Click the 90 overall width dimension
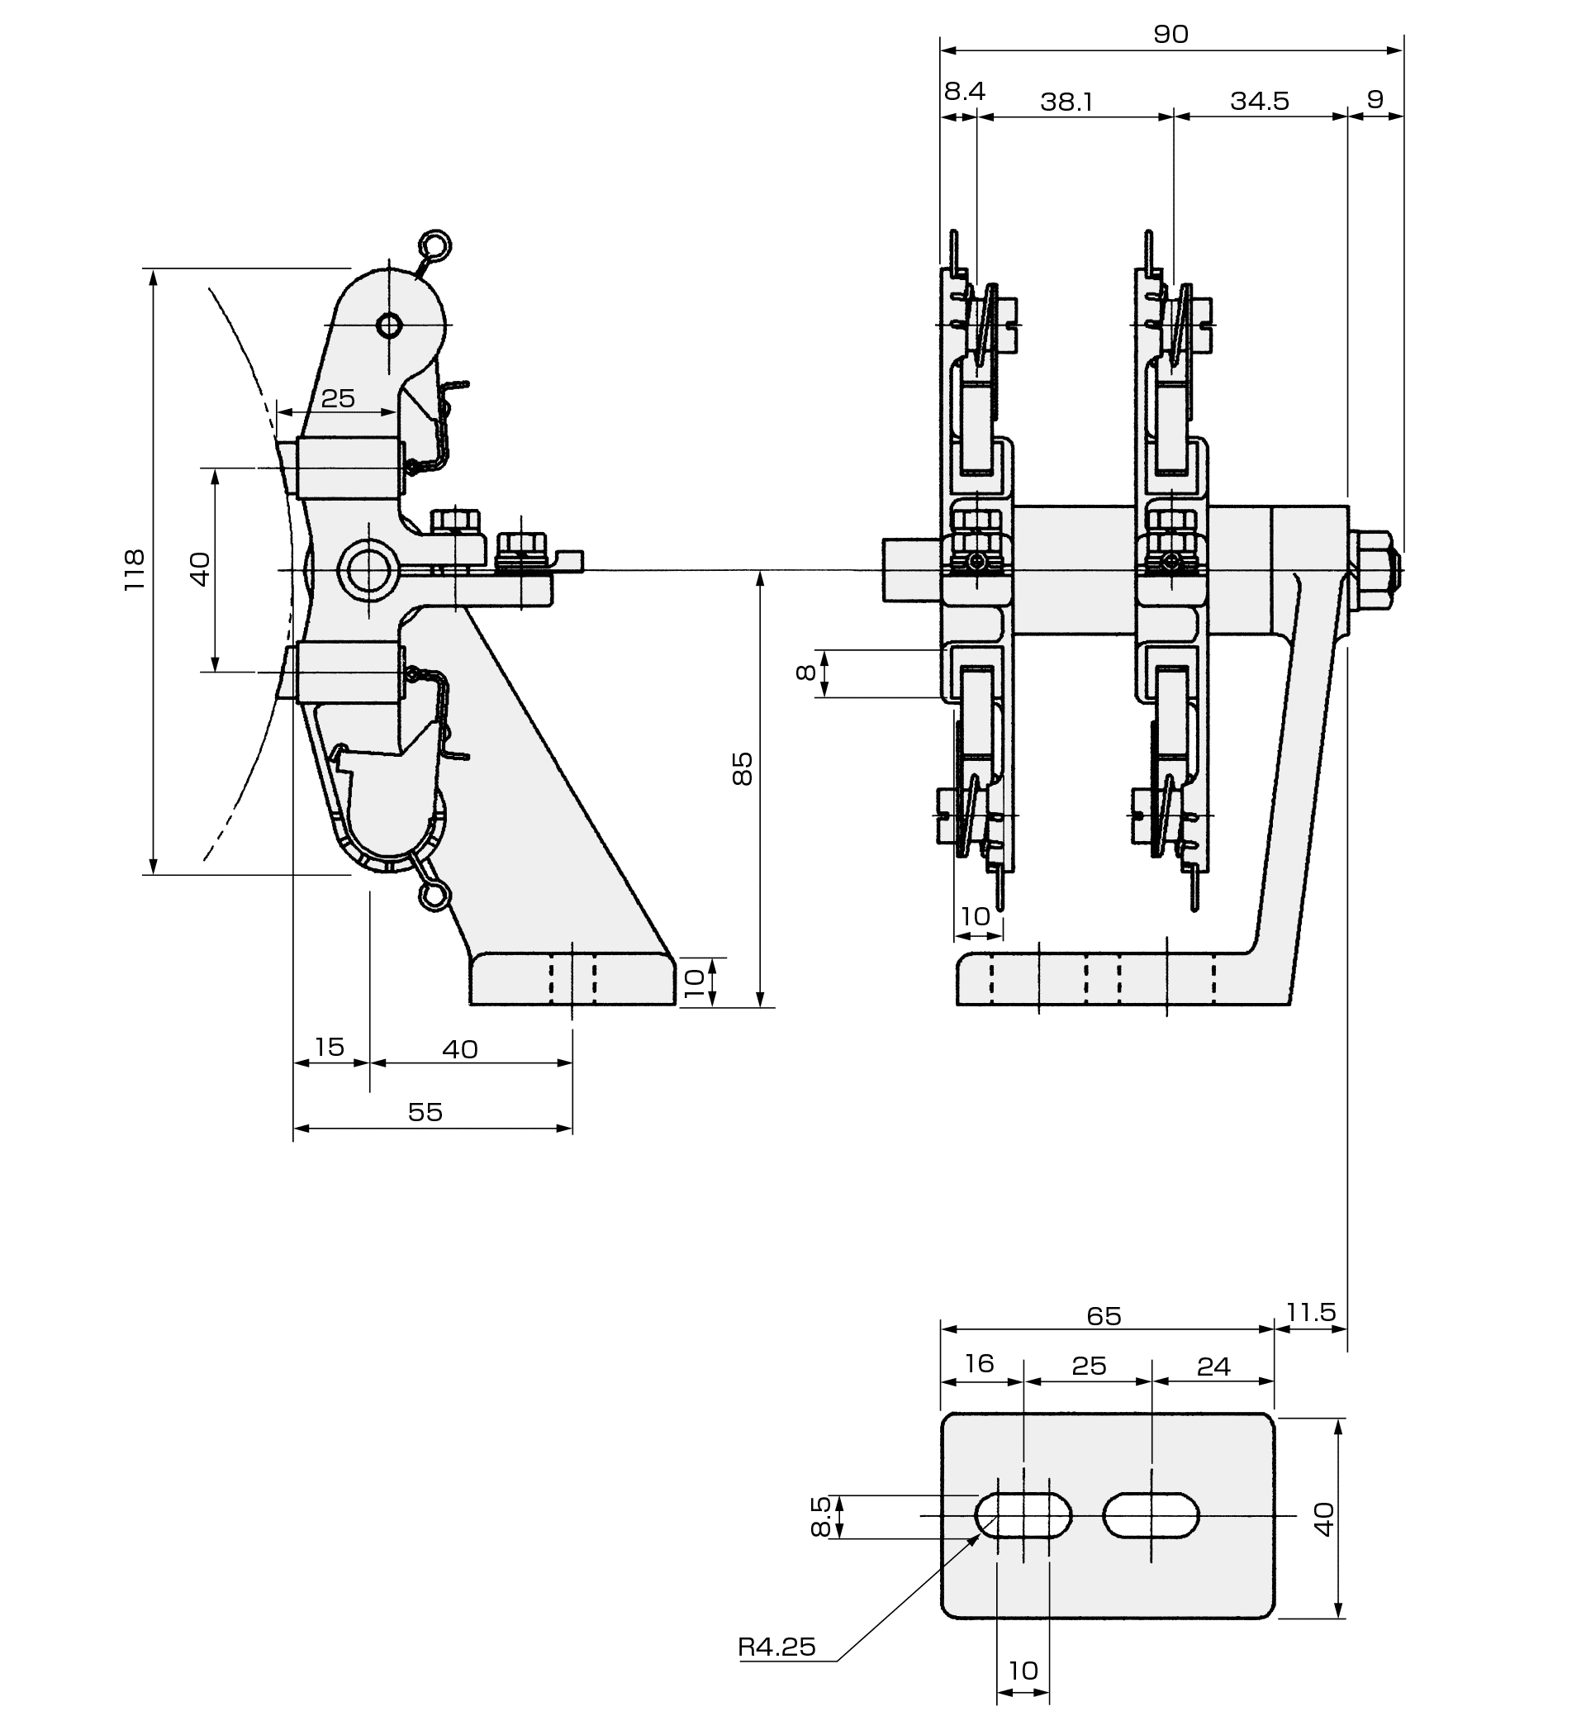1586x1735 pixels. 1171,35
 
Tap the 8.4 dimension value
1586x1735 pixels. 964,91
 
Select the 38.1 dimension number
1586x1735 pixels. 1066,102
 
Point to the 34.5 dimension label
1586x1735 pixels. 1259,102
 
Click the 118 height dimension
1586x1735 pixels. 135,570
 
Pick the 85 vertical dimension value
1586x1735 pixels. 742,768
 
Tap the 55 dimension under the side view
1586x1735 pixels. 425,1113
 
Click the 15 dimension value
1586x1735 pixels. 329,1048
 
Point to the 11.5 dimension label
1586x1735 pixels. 1311,1313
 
